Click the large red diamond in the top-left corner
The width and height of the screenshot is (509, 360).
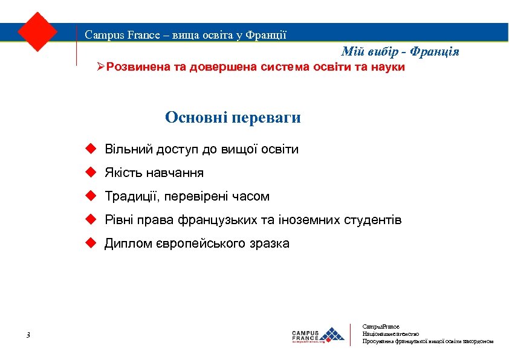(x=37, y=31)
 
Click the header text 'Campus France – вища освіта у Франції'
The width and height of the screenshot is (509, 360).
(x=186, y=34)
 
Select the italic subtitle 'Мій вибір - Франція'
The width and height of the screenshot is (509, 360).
(x=400, y=52)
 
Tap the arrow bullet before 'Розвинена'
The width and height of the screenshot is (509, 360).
(x=101, y=66)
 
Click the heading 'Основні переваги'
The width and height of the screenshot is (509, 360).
(x=233, y=117)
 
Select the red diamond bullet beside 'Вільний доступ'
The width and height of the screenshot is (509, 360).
(x=90, y=149)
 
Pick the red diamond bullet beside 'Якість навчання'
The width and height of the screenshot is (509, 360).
(x=90, y=172)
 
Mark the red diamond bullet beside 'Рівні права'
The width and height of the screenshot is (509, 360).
(x=90, y=219)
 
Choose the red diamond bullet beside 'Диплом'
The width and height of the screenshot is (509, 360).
(x=90, y=243)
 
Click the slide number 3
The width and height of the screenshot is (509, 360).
(x=28, y=335)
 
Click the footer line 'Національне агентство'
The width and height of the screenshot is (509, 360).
(x=391, y=333)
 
